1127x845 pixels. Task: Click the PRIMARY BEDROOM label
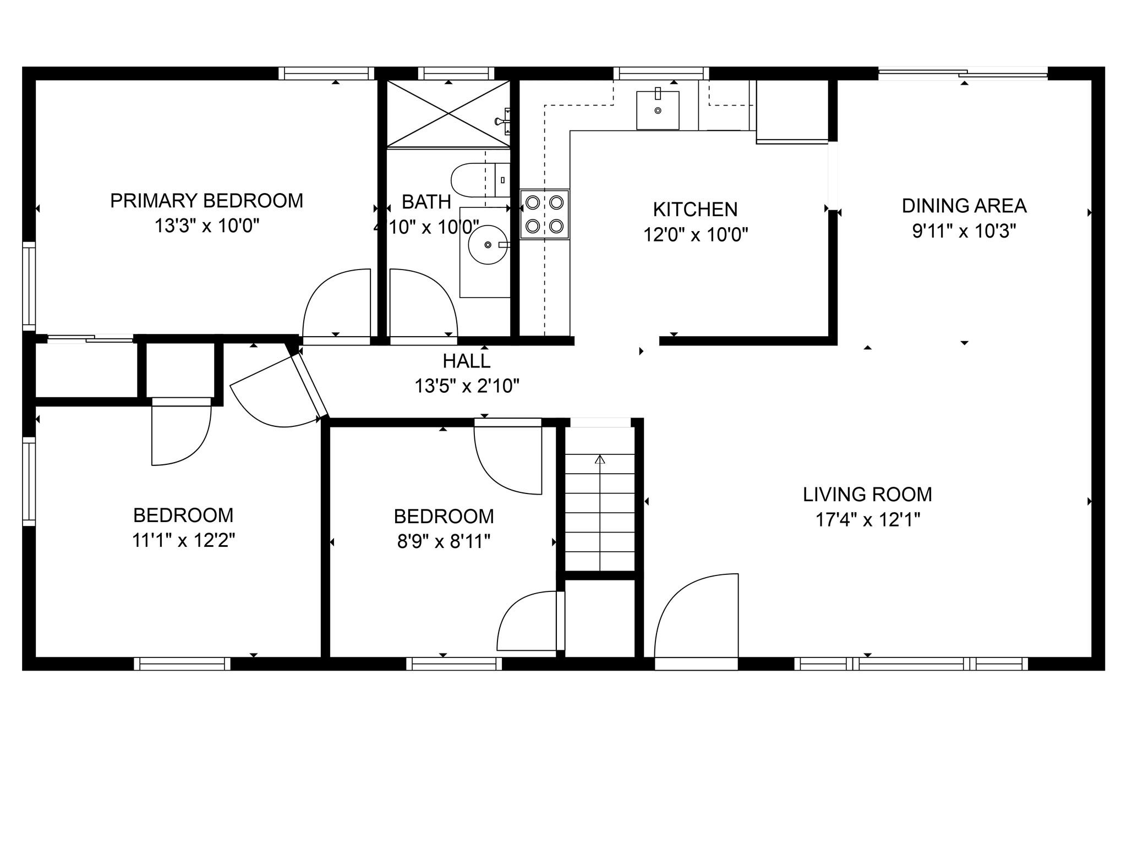click(x=206, y=201)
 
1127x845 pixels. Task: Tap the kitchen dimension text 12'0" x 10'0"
click(x=696, y=235)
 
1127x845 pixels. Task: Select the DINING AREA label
click(x=964, y=206)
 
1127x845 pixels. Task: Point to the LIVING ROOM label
click(x=867, y=495)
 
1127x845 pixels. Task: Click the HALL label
click(x=466, y=361)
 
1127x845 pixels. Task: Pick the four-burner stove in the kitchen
click(x=544, y=214)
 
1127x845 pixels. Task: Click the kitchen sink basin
click(x=658, y=111)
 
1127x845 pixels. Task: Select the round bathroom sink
click(x=488, y=244)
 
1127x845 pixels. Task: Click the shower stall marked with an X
click(x=448, y=114)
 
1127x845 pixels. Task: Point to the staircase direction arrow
click(x=600, y=459)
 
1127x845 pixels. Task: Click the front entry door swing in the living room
click(x=696, y=619)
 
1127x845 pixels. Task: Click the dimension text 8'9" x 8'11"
click(x=444, y=542)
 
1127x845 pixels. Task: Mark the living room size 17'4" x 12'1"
click(x=867, y=519)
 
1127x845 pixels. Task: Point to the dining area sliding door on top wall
click(x=962, y=74)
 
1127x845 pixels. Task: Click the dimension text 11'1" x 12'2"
click(x=183, y=540)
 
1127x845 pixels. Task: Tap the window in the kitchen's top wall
click(x=661, y=73)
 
